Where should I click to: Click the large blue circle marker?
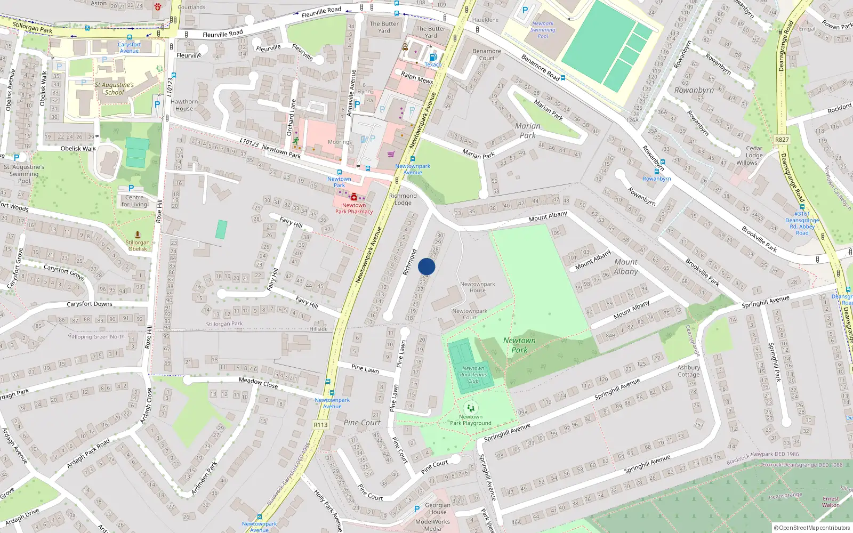(426, 266)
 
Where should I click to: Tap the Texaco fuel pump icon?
(433, 57)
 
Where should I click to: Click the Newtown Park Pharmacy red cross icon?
(353, 197)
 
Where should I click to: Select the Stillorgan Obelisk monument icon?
(138, 235)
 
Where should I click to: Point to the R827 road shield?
(782, 140)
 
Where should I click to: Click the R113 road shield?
(320, 425)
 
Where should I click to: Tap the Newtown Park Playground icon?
(470, 408)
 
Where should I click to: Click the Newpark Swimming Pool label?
(543, 30)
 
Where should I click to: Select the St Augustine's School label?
(114, 88)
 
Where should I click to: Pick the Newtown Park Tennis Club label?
(473, 375)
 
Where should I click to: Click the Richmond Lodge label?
(403, 199)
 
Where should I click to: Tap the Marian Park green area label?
(528, 131)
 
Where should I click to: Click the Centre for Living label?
(134, 201)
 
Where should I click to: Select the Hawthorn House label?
(184, 105)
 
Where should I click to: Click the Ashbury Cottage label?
(688, 371)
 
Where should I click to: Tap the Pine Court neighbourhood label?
(362, 423)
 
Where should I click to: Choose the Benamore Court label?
(487, 54)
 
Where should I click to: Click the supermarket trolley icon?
(391, 154)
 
